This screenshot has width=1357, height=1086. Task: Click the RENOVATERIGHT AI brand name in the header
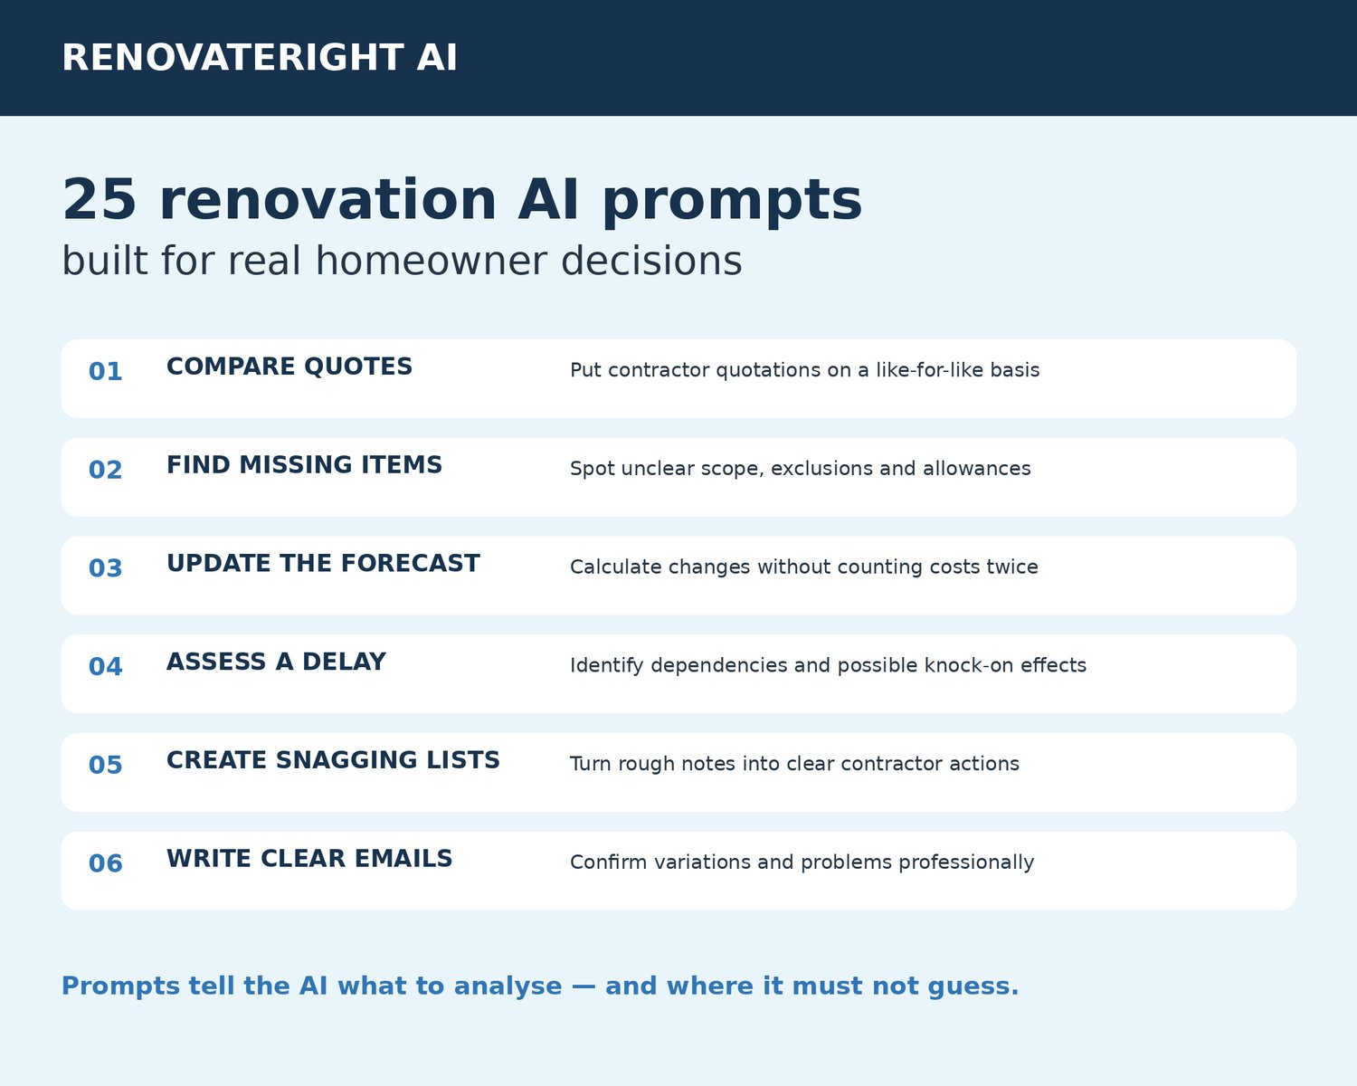259,58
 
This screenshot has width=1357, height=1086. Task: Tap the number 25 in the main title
99,199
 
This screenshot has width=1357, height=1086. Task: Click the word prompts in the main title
732,202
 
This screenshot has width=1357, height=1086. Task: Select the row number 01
105,372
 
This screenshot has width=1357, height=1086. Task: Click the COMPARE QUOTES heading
289,367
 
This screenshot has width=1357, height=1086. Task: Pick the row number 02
105,470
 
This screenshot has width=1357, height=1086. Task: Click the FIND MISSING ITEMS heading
304,465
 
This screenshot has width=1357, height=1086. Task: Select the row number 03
105,568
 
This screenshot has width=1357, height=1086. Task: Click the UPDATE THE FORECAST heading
323,564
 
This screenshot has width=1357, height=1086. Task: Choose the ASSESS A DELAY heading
276,662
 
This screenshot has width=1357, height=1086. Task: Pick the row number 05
105,766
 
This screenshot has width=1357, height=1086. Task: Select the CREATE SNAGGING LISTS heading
333,760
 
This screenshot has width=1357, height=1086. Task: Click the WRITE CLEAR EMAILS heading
309,859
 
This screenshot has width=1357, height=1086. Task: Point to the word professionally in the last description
966,862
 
